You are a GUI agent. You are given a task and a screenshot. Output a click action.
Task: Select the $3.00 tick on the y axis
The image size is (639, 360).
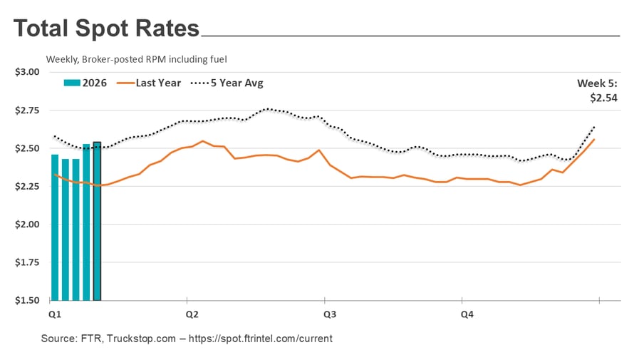pyautogui.click(x=28, y=72)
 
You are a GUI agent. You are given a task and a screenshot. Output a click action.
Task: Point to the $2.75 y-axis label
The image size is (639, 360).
pyautogui.click(x=28, y=110)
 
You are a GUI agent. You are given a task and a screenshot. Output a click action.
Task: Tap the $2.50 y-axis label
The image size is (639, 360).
pyautogui.click(x=28, y=148)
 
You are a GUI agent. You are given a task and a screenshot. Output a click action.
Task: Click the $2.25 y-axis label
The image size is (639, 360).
pyautogui.click(x=28, y=186)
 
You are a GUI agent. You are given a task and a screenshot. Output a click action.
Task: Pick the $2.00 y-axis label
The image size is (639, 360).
pyautogui.click(x=28, y=225)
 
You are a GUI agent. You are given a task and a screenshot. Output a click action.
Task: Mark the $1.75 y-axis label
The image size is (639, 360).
pyautogui.click(x=28, y=262)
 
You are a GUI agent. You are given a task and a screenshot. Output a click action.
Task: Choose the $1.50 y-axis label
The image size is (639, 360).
pyautogui.click(x=28, y=300)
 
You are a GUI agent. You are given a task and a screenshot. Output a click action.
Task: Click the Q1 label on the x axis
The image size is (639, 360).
pyautogui.click(x=53, y=314)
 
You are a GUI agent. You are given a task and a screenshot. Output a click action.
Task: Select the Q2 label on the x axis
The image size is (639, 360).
pyautogui.click(x=192, y=314)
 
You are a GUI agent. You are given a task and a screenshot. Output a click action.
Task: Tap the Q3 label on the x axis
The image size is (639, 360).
pyautogui.click(x=329, y=314)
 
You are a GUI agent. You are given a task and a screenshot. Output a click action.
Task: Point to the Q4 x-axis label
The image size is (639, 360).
pyautogui.click(x=467, y=314)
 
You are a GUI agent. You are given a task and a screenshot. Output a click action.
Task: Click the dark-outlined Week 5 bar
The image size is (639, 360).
pyautogui.click(x=98, y=221)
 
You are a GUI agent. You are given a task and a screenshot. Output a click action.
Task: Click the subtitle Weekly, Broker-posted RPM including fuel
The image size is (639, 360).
pyautogui.click(x=137, y=59)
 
